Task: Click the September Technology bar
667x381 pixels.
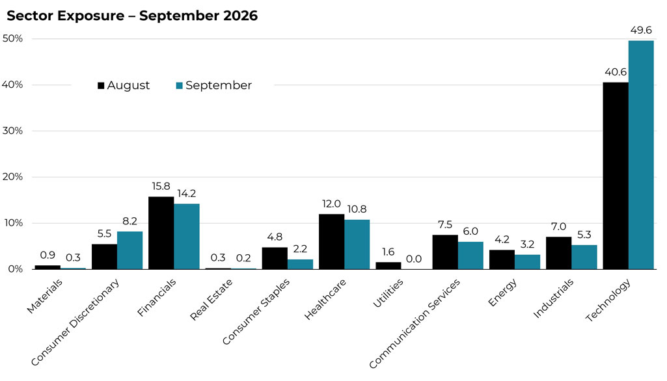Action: click(x=641, y=155)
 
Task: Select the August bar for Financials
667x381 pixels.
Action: click(x=161, y=233)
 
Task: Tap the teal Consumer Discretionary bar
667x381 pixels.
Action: click(x=129, y=250)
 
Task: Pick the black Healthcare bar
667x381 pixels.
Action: click(x=331, y=241)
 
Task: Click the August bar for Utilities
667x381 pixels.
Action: click(x=388, y=266)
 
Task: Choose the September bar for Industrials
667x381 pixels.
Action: click(x=584, y=257)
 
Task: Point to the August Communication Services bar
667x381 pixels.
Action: click(x=445, y=252)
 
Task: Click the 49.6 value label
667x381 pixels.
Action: click(x=641, y=30)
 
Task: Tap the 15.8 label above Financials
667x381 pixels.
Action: click(x=161, y=186)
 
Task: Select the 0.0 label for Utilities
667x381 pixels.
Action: click(x=414, y=259)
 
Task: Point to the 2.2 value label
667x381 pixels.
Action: click(x=301, y=249)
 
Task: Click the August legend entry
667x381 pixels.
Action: click(x=124, y=85)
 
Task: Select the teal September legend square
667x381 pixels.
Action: click(x=179, y=85)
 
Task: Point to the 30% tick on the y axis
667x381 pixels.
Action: click(x=12, y=131)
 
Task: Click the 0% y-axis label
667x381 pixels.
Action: click(x=16, y=269)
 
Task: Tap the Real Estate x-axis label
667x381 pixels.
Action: click(x=211, y=299)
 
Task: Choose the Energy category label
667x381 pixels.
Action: click(x=502, y=292)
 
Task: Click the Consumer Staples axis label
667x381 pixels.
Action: click(x=256, y=311)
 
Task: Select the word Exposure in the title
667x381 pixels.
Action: click(x=90, y=16)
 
